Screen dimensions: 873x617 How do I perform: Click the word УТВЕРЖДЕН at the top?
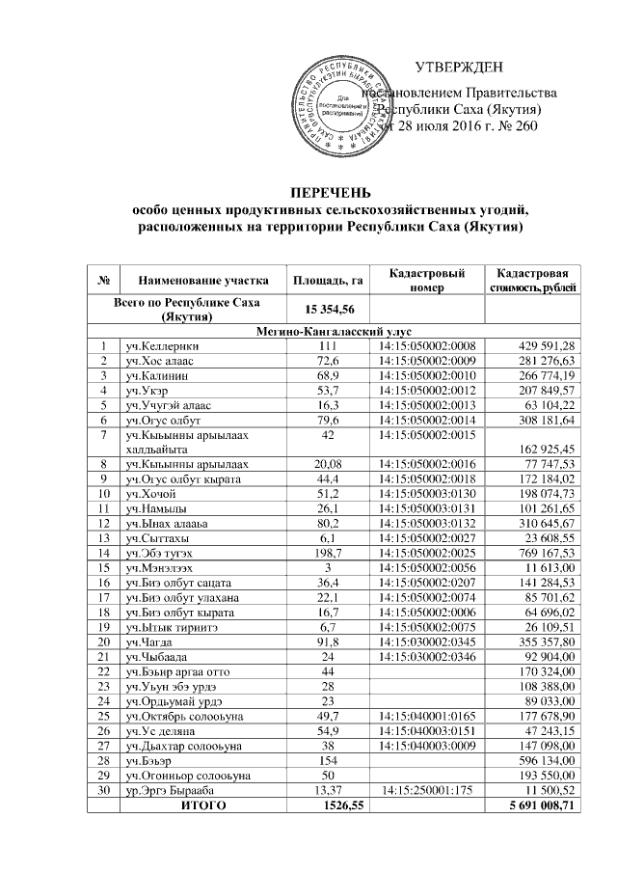[x=459, y=67]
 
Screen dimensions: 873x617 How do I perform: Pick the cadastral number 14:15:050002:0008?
[x=425, y=345]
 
